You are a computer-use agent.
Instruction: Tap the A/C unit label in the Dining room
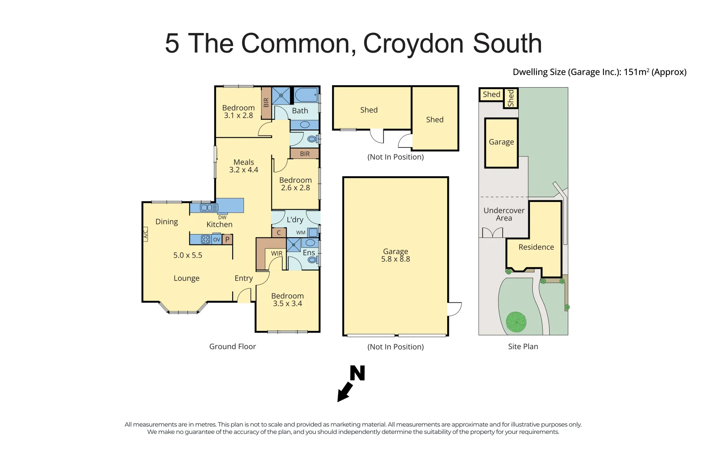[x=146, y=235]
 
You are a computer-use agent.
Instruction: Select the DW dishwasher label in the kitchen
[x=222, y=218]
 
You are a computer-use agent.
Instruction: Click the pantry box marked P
[x=227, y=239]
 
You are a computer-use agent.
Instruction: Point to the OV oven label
[x=217, y=239]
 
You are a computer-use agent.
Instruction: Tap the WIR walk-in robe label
[x=277, y=254]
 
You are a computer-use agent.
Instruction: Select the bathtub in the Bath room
[x=306, y=94]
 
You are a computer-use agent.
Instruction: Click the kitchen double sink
[x=209, y=208]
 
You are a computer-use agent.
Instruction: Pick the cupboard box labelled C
[x=279, y=233]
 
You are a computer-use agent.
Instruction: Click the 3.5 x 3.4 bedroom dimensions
[x=287, y=304]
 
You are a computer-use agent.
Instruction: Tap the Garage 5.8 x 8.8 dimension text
[x=395, y=259]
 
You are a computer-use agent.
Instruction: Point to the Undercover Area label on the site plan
[x=504, y=214]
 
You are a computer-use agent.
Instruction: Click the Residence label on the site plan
[x=536, y=247]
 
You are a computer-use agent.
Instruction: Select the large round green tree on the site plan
[x=516, y=322]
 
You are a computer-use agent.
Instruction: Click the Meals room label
[x=244, y=162]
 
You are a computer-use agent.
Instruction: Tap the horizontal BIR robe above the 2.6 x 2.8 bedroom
[x=305, y=154]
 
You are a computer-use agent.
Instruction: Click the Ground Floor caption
[x=232, y=347]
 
